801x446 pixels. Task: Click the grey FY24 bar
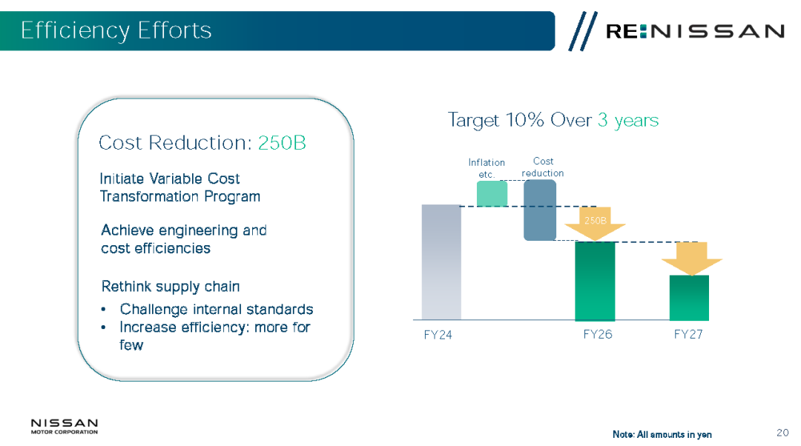point(441,262)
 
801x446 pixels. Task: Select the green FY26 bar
point(595,282)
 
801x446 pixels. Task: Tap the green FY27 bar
point(689,298)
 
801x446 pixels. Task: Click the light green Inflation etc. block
point(492,194)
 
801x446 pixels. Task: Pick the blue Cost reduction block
point(540,210)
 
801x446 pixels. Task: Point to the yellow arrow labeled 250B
point(595,224)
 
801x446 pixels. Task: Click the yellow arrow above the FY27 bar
point(692,259)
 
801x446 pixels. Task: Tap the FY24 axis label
point(438,335)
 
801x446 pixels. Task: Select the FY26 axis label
point(598,334)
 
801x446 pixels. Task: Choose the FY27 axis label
point(688,334)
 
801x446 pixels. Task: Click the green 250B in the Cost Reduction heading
point(282,143)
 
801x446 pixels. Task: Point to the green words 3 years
point(628,121)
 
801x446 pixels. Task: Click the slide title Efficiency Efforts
point(116,30)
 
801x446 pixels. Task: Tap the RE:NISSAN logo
point(677,31)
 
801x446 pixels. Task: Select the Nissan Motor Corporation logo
point(65,427)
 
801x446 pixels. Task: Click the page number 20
point(782,433)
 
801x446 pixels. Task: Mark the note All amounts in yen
point(662,434)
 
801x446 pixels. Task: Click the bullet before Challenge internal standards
point(104,309)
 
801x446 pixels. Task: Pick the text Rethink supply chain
point(171,287)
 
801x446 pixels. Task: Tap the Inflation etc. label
point(487,168)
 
